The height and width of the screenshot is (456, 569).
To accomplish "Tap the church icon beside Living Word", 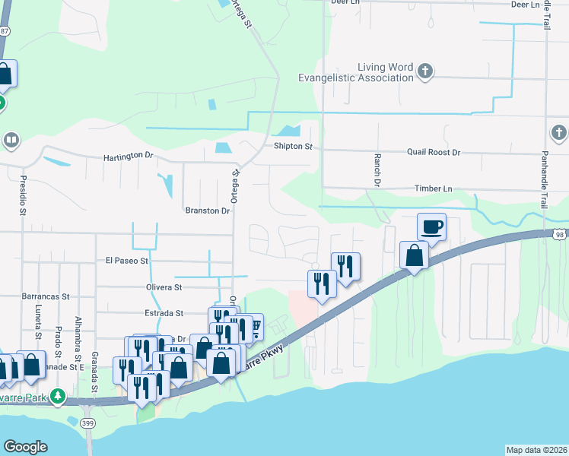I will tap(425, 72).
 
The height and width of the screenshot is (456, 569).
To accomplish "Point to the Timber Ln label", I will tap(433, 188).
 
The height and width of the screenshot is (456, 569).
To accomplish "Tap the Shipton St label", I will tap(294, 147).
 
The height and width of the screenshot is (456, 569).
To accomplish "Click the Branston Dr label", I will tap(207, 211).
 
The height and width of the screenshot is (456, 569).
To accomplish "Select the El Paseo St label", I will tap(127, 261).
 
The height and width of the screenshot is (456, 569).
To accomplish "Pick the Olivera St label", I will tap(164, 288).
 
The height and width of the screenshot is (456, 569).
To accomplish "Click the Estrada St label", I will tap(164, 313).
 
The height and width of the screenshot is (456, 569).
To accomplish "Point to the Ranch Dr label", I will tap(376, 170).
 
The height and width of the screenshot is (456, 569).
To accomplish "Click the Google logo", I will tap(25, 447).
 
